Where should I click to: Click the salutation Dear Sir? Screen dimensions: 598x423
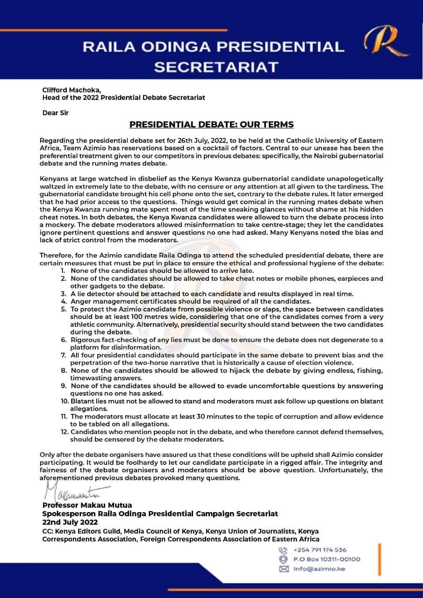coord(56,113)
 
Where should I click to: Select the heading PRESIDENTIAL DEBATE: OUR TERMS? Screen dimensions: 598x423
coord(211,125)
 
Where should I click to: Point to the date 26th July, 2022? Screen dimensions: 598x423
coord(186,141)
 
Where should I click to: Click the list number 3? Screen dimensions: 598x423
coord(63,293)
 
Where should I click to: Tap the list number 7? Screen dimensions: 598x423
coord(63,355)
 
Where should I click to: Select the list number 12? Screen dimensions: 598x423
coord(65,431)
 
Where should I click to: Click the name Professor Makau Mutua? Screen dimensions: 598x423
coord(87,505)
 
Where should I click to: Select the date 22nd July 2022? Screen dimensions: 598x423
coord(70,522)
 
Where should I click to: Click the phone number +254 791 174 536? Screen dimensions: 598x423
coord(320,550)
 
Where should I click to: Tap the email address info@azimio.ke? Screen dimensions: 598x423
coord(319,569)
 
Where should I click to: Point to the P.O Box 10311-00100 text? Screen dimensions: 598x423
coord(327,559)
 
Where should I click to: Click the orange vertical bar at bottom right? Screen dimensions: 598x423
coord(380,558)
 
